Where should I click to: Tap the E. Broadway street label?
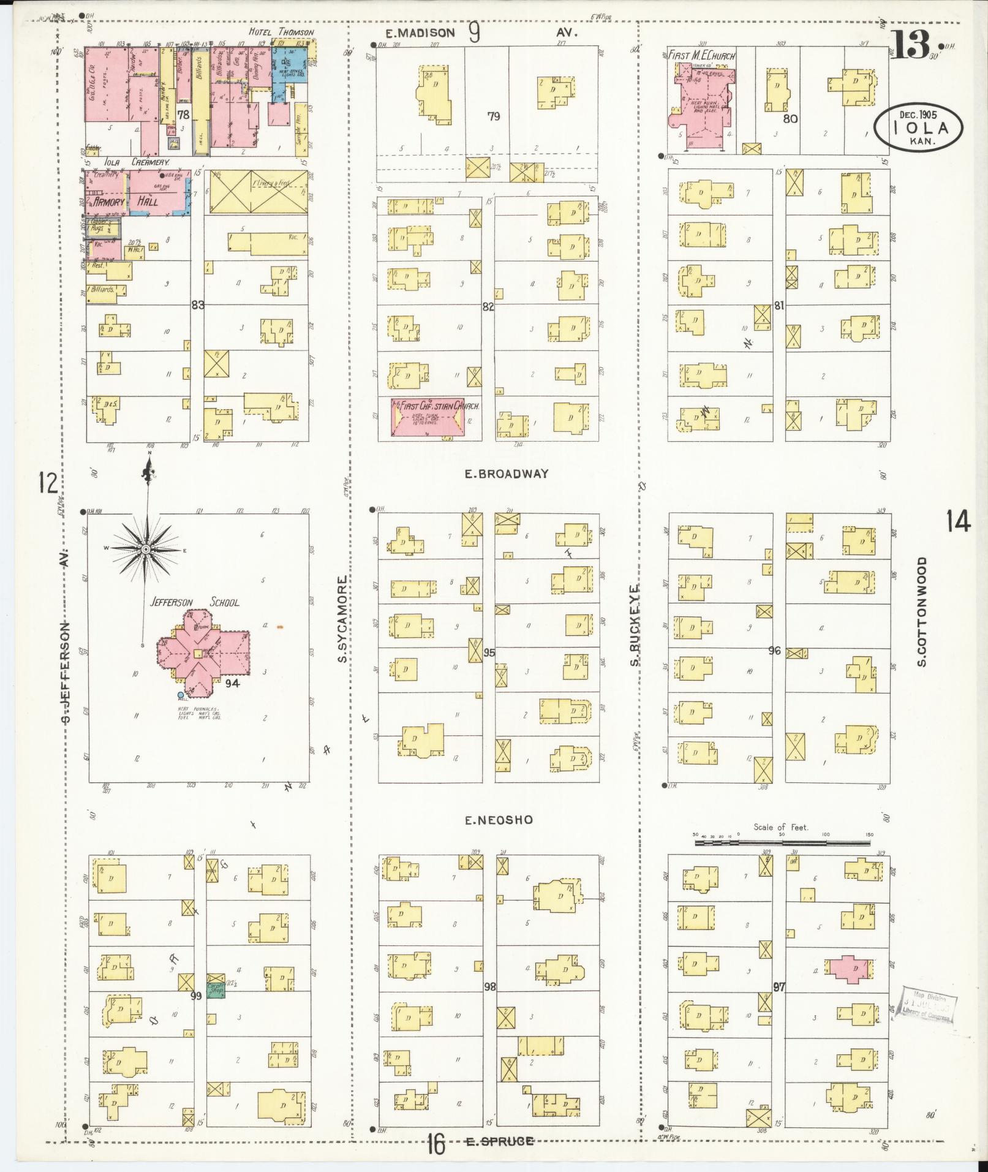click(x=506, y=474)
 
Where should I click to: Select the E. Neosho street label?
click(x=498, y=820)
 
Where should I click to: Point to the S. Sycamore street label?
click(x=343, y=618)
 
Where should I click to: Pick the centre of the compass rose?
click(x=146, y=550)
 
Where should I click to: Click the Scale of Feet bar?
click(x=782, y=843)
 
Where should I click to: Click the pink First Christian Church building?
click(x=427, y=418)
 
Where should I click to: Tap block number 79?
click(x=494, y=116)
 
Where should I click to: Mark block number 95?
click(x=489, y=652)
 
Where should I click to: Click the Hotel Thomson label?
click(x=281, y=32)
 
